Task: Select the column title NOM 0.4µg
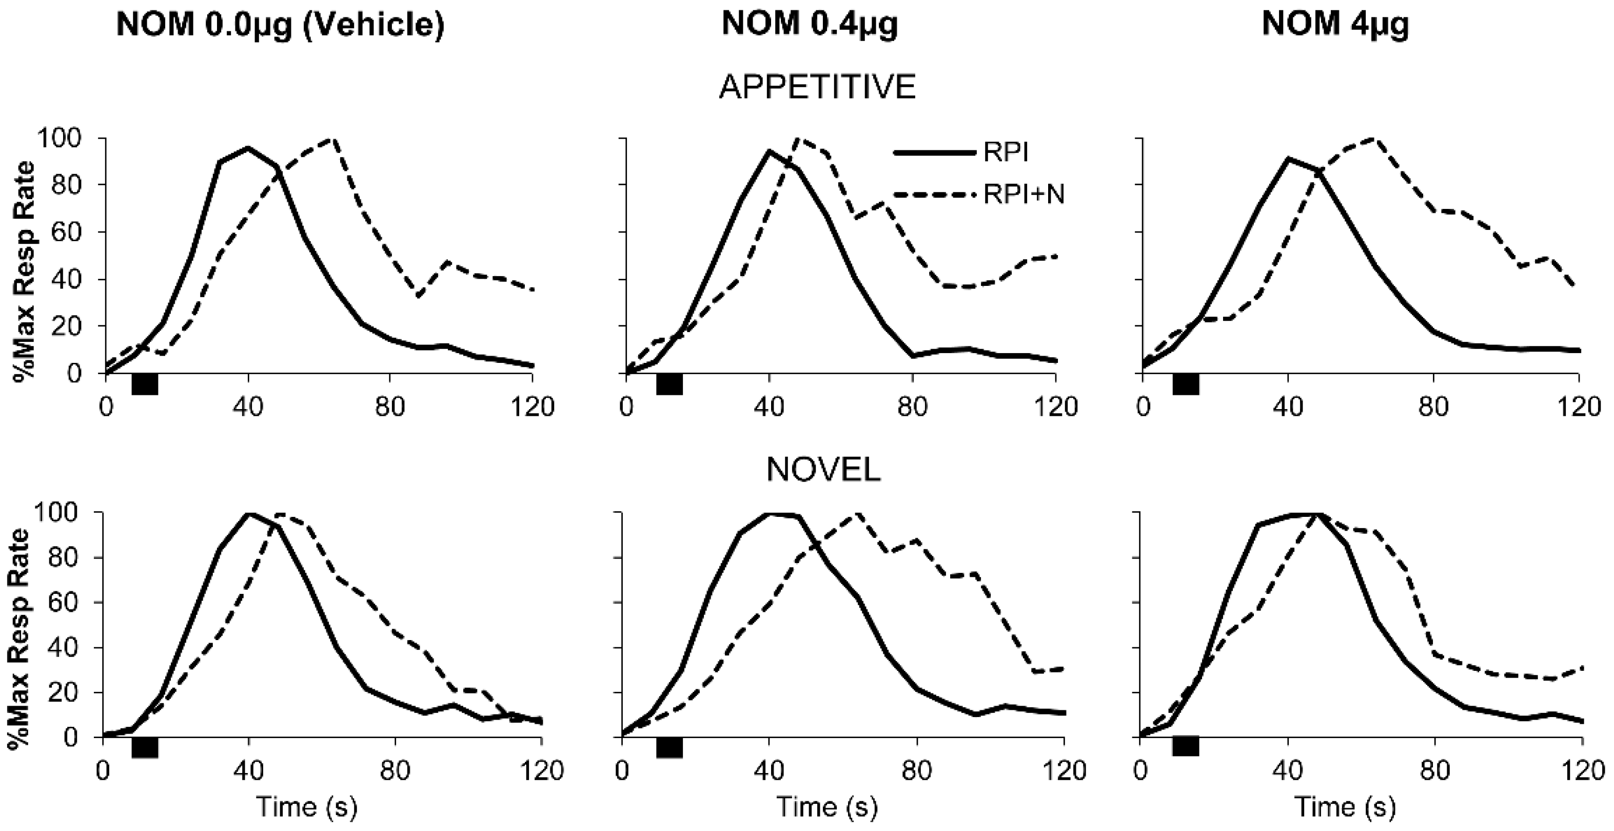(x=810, y=25)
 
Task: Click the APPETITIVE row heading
(x=818, y=87)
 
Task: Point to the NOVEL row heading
(x=823, y=470)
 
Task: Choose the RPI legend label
(x=1005, y=152)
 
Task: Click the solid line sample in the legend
(x=934, y=152)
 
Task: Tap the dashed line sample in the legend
(x=934, y=195)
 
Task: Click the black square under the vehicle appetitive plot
(x=145, y=383)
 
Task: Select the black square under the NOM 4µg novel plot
(x=1186, y=746)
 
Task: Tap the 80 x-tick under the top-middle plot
(x=912, y=408)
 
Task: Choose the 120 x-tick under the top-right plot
(x=1579, y=408)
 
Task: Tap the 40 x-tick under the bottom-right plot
(x=1288, y=770)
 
